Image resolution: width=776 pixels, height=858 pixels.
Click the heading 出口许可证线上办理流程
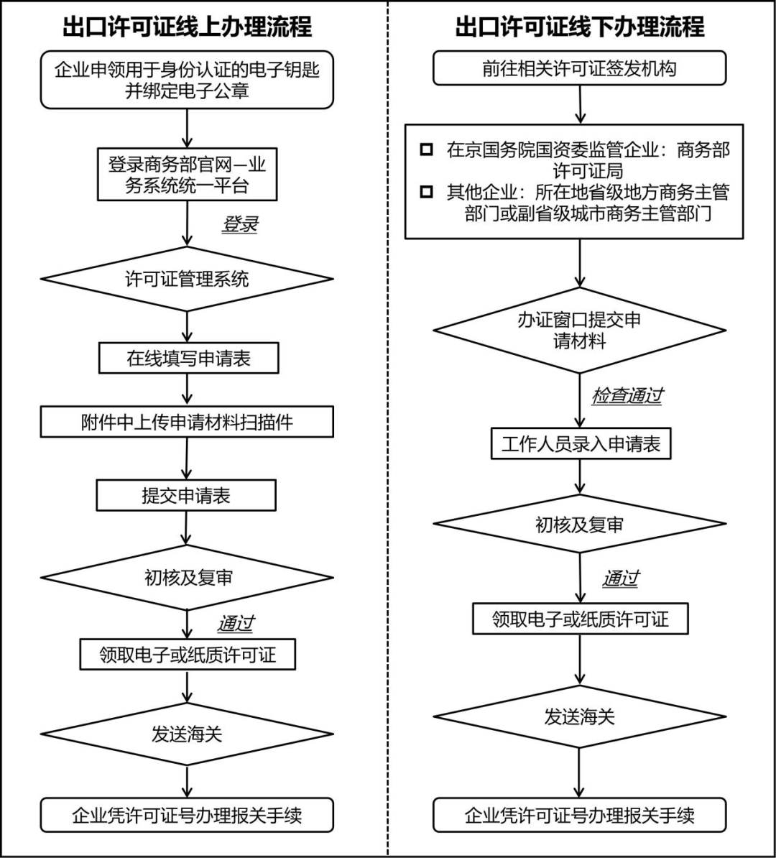pos(188,27)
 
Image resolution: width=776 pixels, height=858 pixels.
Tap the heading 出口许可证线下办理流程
pos(579,27)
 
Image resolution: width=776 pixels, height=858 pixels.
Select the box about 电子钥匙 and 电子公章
pos(187,80)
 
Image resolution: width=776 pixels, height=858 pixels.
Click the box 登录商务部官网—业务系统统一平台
pos(187,175)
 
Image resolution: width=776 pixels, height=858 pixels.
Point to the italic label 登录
pos(239,224)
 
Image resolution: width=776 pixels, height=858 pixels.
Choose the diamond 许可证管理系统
pos(187,279)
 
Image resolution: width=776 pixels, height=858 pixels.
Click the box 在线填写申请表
pos(188,358)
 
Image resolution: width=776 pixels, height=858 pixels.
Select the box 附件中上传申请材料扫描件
pos(187,422)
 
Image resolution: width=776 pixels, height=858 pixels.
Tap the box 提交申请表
pos(186,496)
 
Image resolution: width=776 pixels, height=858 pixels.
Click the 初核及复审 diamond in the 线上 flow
pos(187,578)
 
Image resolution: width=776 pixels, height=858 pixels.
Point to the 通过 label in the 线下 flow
pos(621,578)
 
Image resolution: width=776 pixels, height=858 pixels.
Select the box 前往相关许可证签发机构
pos(579,69)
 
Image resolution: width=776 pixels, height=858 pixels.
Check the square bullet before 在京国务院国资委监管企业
pos(428,150)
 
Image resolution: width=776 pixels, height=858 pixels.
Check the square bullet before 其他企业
pos(428,193)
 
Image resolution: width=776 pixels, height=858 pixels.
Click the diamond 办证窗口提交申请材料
pos(579,331)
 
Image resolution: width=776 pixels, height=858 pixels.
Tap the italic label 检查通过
pos(627,396)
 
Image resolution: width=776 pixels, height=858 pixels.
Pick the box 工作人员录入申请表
pos(580,444)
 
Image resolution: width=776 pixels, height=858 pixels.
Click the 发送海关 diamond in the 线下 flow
pos(579,716)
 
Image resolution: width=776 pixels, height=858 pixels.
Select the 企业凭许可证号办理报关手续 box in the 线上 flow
pos(187,815)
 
